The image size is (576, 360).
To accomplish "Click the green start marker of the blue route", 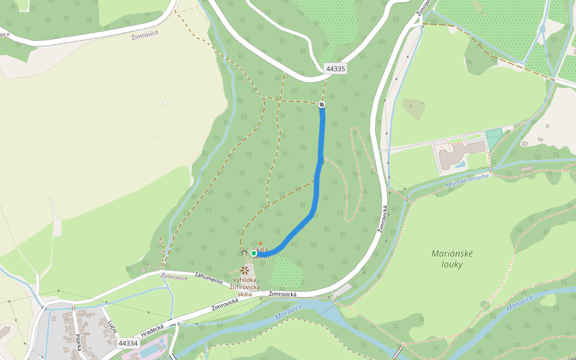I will pos(254,253).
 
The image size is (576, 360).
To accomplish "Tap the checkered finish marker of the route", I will pos(322,105).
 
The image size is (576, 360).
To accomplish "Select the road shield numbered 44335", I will pos(335,68).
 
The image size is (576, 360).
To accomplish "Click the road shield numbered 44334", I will pos(128,343).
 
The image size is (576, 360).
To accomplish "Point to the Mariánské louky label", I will pos(452,259).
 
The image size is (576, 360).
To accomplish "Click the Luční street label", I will pos(112,328).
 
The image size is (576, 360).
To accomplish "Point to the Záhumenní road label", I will pos(208,278).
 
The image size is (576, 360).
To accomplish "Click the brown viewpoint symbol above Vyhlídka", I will pos(245,270).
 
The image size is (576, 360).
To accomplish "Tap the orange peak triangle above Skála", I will pos(260,243).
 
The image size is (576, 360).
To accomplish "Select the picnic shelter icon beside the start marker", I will pos(244,253).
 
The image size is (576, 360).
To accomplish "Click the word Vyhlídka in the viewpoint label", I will pos(245,280).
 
